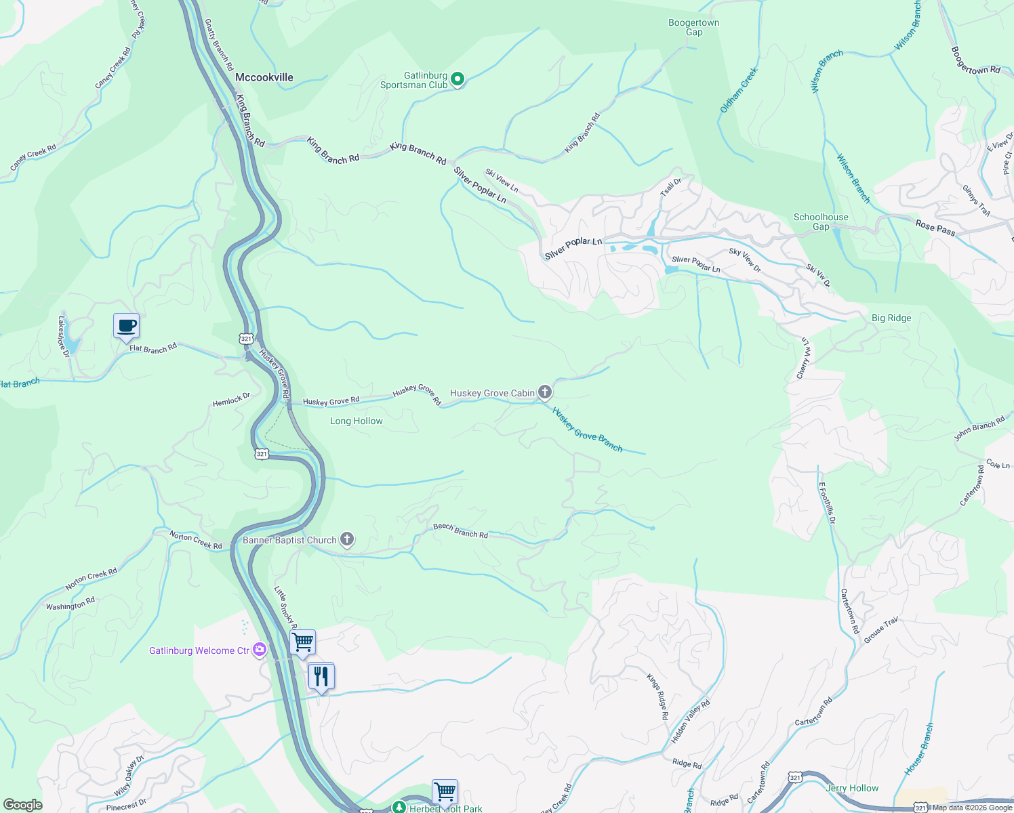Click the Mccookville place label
[264, 77]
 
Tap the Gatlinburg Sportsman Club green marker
[458, 80]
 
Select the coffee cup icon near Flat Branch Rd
[127, 326]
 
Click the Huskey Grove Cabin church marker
[544, 392]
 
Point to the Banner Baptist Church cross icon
[347, 539]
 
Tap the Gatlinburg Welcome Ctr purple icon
[260, 650]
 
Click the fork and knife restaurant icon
[321, 676]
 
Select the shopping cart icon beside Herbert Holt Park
[445, 791]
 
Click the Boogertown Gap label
[693, 27]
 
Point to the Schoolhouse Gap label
[821, 222]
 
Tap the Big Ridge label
[891, 318]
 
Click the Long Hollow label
[357, 421]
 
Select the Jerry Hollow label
[852, 788]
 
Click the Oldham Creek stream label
[739, 90]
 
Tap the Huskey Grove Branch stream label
[587, 429]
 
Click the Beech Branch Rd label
[460, 530]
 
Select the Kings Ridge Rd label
[657, 696]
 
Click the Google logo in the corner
[23, 804]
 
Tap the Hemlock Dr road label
[231, 400]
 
